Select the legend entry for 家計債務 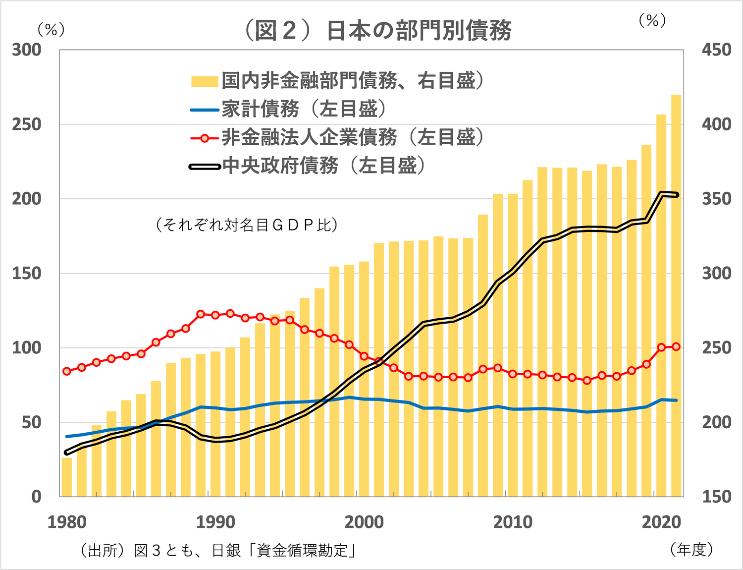[x=260, y=109]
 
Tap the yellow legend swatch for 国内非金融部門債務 [x=205, y=81]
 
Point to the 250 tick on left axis [x=27, y=124]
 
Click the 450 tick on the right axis [x=716, y=50]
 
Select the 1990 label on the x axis [x=215, y=522]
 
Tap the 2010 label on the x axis [x=513, y=522]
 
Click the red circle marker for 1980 [x=67, y=371]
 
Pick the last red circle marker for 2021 [x=676, y=346]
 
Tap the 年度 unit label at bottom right [x=691, y=549]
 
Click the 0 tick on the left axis [x=36, y=497]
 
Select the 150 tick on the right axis [x=716, y=497]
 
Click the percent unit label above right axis [x=652, y=20]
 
